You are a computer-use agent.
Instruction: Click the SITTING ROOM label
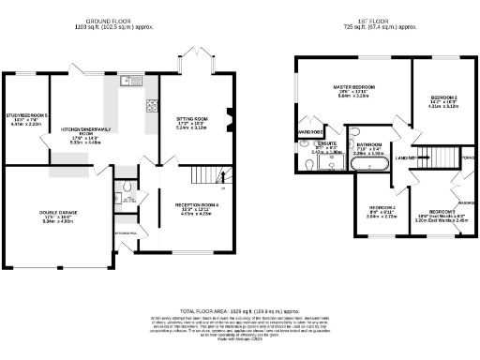pyautogui.click(x=191, y=121)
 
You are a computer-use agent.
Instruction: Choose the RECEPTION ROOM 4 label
pyautogui.click(x=196, y=204)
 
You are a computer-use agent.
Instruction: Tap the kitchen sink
pyautogui.click(x=127, y=81)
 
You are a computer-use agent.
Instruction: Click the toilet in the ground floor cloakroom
pyautogui.click(x=127, y=198)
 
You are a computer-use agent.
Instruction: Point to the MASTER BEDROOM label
pyautogui.click(x=354, y=87)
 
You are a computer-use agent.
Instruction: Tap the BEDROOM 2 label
pyautogui.click(x=442, y=98)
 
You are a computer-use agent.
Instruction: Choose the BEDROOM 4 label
pyautogui.click(x=381, y=207)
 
